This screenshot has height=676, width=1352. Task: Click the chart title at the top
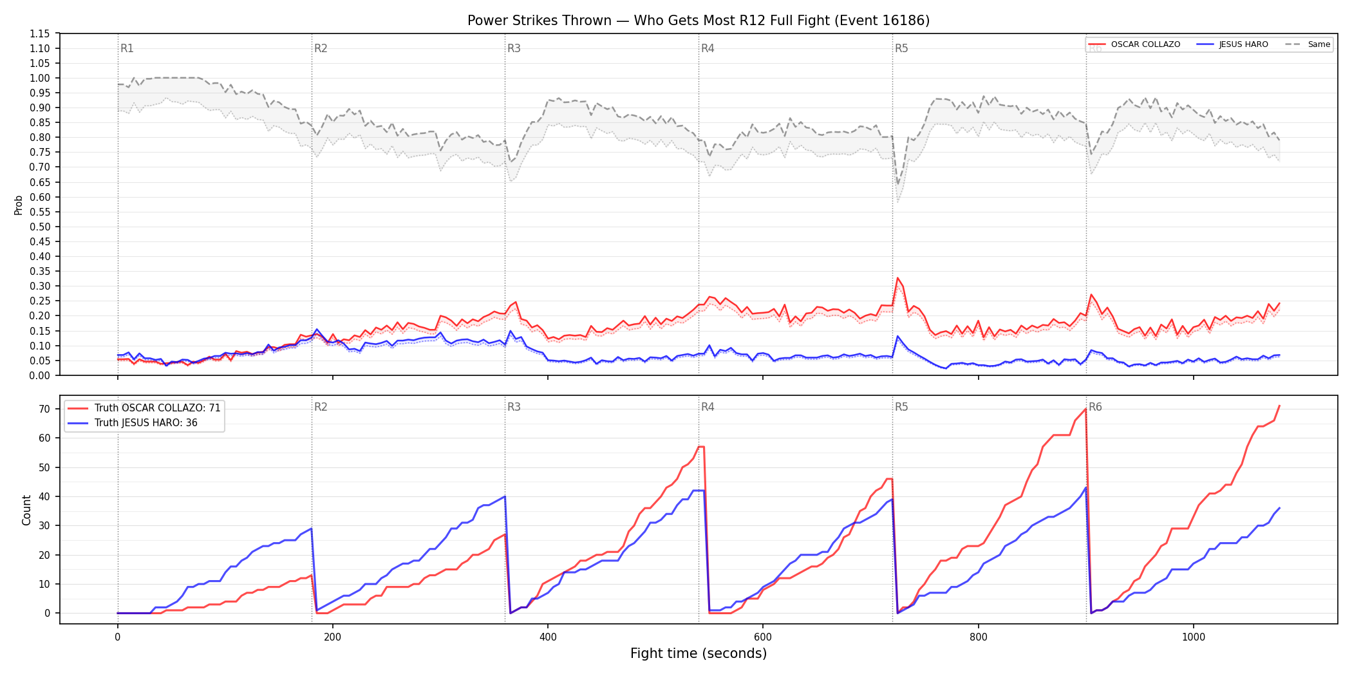699,21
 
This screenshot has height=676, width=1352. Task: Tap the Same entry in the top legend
1308,44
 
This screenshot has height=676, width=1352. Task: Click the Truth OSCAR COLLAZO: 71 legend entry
145,408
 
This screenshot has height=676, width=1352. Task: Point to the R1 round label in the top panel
127,48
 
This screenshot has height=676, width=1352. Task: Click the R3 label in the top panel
514,48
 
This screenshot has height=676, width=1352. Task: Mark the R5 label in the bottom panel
901,407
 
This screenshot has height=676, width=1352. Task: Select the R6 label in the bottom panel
1095,407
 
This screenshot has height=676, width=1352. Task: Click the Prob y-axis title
19,205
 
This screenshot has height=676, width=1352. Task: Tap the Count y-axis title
26,510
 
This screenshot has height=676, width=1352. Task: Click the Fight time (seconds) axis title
699,653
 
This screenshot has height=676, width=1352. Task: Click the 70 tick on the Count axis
44,409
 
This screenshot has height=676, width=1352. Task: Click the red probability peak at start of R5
897,278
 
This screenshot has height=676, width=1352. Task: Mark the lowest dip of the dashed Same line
898,185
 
